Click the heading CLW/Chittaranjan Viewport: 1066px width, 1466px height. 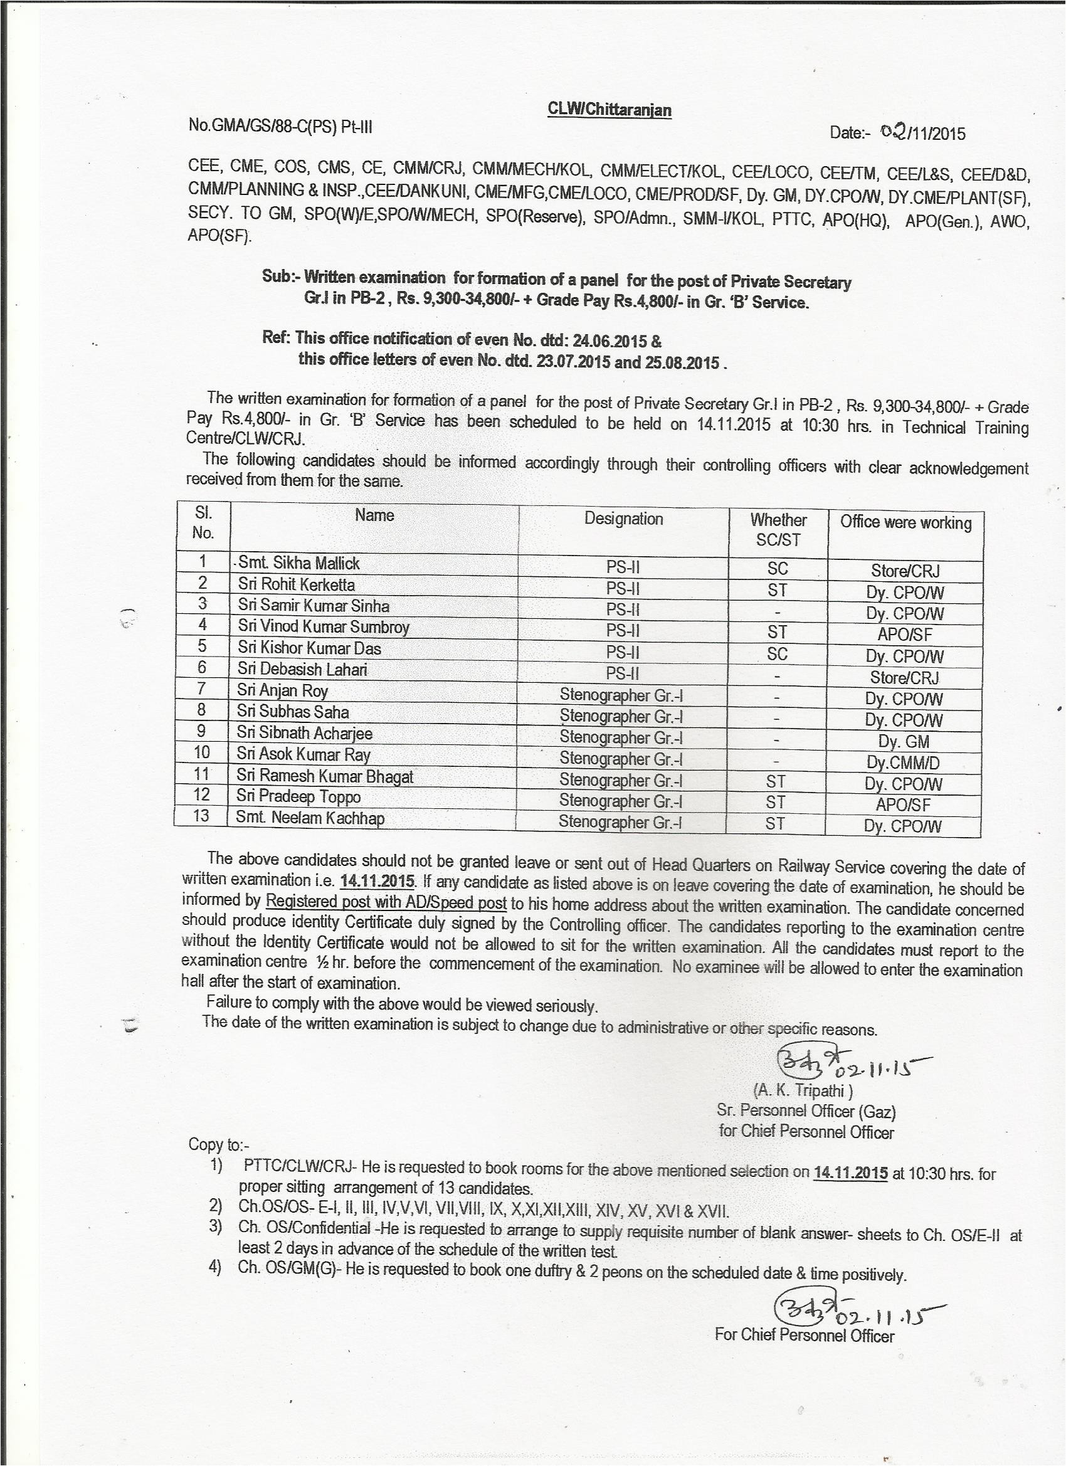(x=609, y=109)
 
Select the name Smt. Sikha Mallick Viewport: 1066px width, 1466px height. (x=298, y=563)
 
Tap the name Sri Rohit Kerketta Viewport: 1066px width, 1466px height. (x=296, y=584)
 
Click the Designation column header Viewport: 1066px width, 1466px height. (x=623, y=519)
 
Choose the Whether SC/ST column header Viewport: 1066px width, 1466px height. (x=778, y=529)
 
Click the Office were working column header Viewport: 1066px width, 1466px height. (x=905, y=522)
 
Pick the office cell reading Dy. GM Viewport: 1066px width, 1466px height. (x=903, y=741)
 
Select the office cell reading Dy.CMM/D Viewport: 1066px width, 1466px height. (x=903, y=762)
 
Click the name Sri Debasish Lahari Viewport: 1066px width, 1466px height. (x=302, y=669)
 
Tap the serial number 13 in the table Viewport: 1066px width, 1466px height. (x=201, y=816)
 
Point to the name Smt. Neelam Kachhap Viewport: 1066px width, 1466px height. (x=310, y=818)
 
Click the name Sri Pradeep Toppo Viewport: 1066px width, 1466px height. (x=298, y=797)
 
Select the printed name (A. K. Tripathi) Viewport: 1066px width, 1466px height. (x=803, y=1090)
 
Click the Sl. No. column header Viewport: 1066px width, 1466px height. (x=203, y=523)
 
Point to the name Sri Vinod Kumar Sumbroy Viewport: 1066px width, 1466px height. (x=323, y=626)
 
